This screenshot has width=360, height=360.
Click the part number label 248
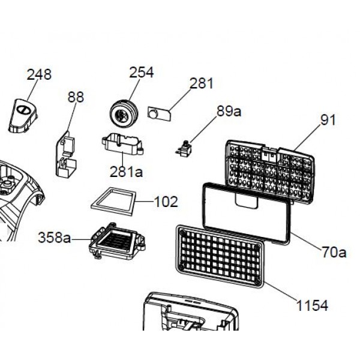(39, 74)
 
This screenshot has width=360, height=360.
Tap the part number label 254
(142, 72)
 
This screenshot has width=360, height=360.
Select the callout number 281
(201, 83)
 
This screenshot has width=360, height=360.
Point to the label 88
(76, 97)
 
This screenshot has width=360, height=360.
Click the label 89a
(229, 111)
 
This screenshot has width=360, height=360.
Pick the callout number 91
(328, 119)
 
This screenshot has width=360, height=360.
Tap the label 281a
(127, 172)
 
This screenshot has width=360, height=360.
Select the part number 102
(166, 202)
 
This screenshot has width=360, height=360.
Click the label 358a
(55, 237)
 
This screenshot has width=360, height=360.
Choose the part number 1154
(312, 306)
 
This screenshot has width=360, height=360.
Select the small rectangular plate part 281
(159, 112)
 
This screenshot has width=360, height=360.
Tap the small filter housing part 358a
(116, 243)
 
